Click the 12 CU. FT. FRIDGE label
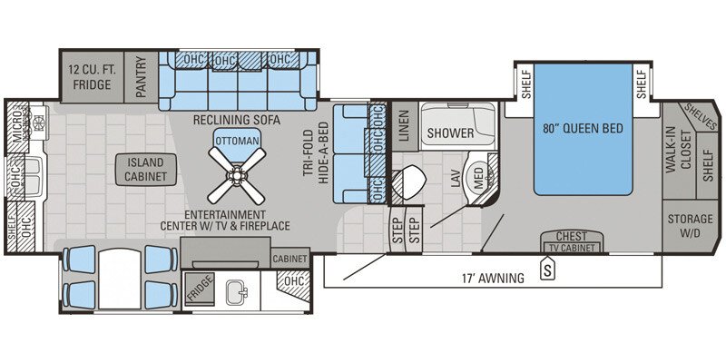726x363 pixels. click(x=91, y=77)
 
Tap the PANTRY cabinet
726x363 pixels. click(x=142, y=77)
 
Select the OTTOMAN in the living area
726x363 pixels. click(x=234, y=140)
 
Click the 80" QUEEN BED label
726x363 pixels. click(x=582, y=128)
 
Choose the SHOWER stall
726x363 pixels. click(x=451, y=133)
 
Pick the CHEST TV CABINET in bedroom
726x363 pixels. click(x=573, y=242)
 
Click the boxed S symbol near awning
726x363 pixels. click(x=547, y=269)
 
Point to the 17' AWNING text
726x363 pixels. click(x=493, y=278)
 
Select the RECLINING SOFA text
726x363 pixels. click(x=236, y=121)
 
